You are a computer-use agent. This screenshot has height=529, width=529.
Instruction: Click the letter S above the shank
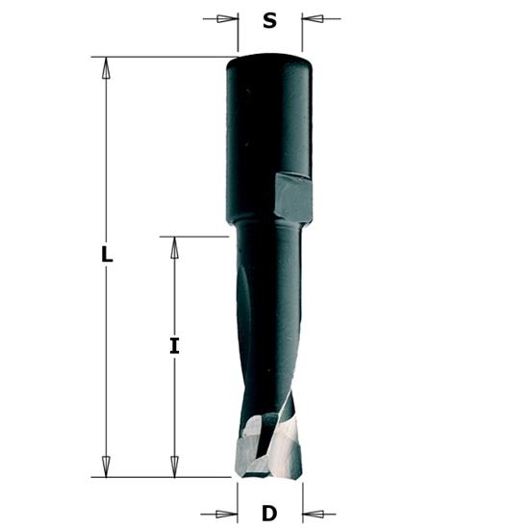(x=270, y=19)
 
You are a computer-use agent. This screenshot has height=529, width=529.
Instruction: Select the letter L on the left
(x=107, y=256)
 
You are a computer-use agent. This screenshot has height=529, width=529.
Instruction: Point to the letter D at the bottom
(x=270, y=512)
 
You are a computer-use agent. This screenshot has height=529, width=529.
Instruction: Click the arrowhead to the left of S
(x=227, y=18)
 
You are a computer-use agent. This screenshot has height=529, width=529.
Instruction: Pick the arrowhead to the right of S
(x=314, y=18)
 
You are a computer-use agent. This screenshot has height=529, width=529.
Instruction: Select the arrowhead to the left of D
(x=227, y=513)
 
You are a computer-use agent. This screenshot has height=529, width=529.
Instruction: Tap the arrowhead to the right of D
(x=314, y=513)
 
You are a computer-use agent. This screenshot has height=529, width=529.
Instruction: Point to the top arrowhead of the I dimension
(x=174, y=247)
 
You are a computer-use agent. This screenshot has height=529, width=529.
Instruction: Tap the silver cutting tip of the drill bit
(x=269, y=452)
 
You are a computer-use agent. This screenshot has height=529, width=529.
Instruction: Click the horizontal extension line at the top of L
(x=164, y=57)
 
